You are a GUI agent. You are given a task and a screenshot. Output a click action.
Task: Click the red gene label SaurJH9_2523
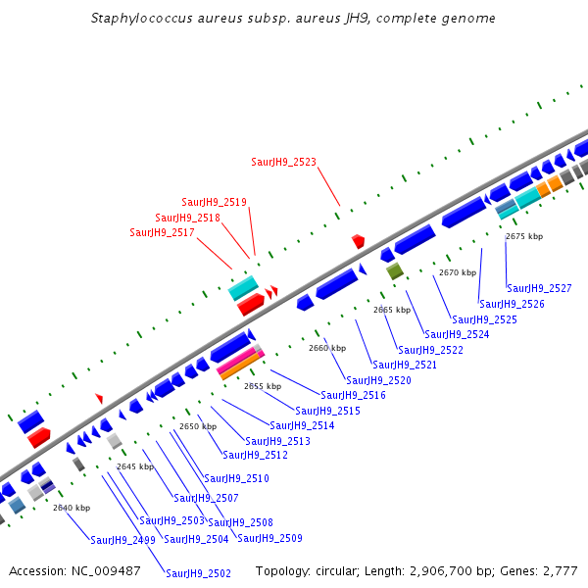click(x=283, y=162)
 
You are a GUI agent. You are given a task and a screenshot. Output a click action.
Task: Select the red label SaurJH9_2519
click(x=214, y=202)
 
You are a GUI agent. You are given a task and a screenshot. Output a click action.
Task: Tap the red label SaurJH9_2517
click(x=162, y=232)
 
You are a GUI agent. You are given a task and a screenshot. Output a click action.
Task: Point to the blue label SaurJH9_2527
click(x=539, y=288)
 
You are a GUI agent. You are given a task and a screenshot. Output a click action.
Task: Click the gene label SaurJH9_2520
click(x=378, y=380)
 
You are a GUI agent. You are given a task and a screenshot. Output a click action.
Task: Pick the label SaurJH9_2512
click(x=255, y=455)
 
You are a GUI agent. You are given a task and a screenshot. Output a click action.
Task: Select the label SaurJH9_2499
click(x=122, y=539)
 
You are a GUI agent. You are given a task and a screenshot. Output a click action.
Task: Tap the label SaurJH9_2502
click(x=198, y=573)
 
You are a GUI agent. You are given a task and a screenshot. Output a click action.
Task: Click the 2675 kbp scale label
click(x=523, y=236)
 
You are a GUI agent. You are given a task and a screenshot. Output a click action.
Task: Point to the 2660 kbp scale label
click(x=327, y=348)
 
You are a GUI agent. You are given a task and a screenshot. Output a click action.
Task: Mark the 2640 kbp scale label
click(x=72, y=508)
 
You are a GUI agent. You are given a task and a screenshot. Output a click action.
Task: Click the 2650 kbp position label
click(x=197, y=426)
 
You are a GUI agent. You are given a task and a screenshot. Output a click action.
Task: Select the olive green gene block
click(x=395, y=271)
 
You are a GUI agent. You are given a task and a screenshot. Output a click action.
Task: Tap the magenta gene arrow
click(x=240, y=357)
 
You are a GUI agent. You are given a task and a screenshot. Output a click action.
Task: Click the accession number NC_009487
click(x=108, y=570)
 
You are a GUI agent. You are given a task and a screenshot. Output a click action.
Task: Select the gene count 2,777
click(x=559, y=570)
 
